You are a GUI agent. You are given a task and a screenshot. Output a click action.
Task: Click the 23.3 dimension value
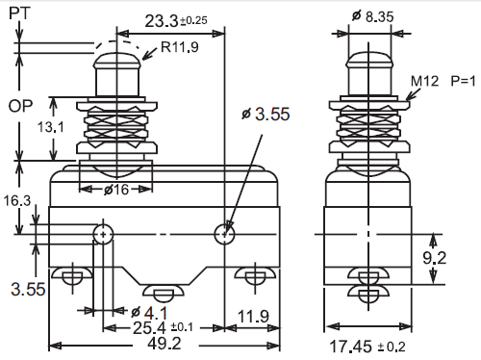162,21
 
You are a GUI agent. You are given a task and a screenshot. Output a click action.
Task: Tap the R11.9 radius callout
180,47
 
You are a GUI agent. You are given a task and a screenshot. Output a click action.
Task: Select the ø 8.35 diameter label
372,16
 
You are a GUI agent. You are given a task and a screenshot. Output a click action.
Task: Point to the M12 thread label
424,81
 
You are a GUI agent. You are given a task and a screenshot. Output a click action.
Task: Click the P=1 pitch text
463,81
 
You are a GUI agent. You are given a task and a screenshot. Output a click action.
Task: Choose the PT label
19,13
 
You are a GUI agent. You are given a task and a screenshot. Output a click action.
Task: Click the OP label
20,106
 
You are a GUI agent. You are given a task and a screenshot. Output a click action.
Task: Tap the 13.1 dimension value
51,127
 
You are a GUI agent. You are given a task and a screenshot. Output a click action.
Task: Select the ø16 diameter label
116,190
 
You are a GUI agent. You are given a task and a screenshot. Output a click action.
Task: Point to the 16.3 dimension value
17,201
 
